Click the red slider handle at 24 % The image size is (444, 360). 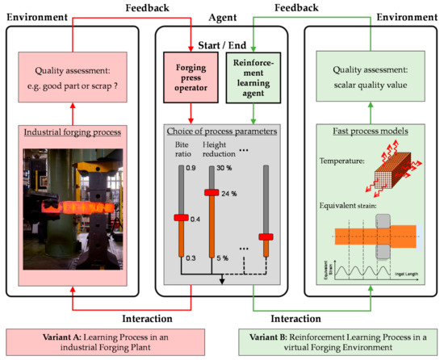coord(212,193)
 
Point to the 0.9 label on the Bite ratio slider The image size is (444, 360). coord(191,167)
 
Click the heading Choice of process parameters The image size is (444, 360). coord(221,132)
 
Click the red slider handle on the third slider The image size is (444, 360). coord(262,237)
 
